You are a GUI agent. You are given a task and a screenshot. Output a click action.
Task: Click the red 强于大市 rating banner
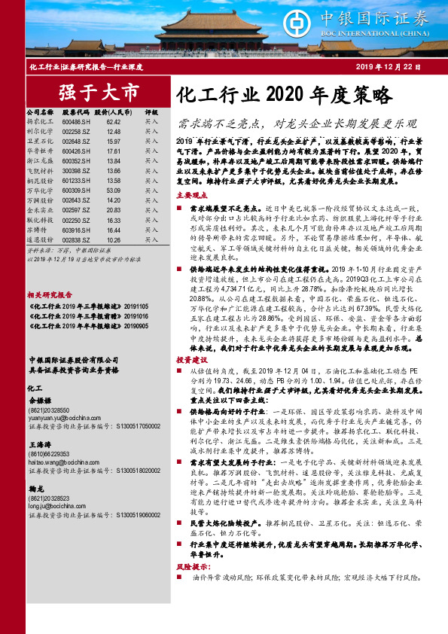pos(99,93)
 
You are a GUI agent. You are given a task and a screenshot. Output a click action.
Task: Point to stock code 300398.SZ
pos(77,171)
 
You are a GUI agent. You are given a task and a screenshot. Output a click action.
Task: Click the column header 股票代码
pos(77,111)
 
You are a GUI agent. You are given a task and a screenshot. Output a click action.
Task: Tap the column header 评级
pos(151,111)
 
